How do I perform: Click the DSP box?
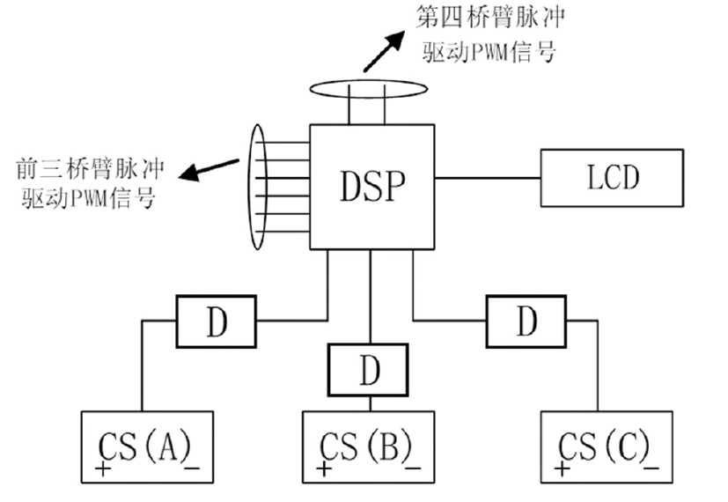coord(371,186)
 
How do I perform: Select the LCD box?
coord(612,179)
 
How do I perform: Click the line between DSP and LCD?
coord(488,179)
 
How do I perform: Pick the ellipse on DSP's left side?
coord(259,187)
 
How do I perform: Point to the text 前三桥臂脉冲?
coord(86,168)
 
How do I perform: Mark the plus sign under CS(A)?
coord(103,470)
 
